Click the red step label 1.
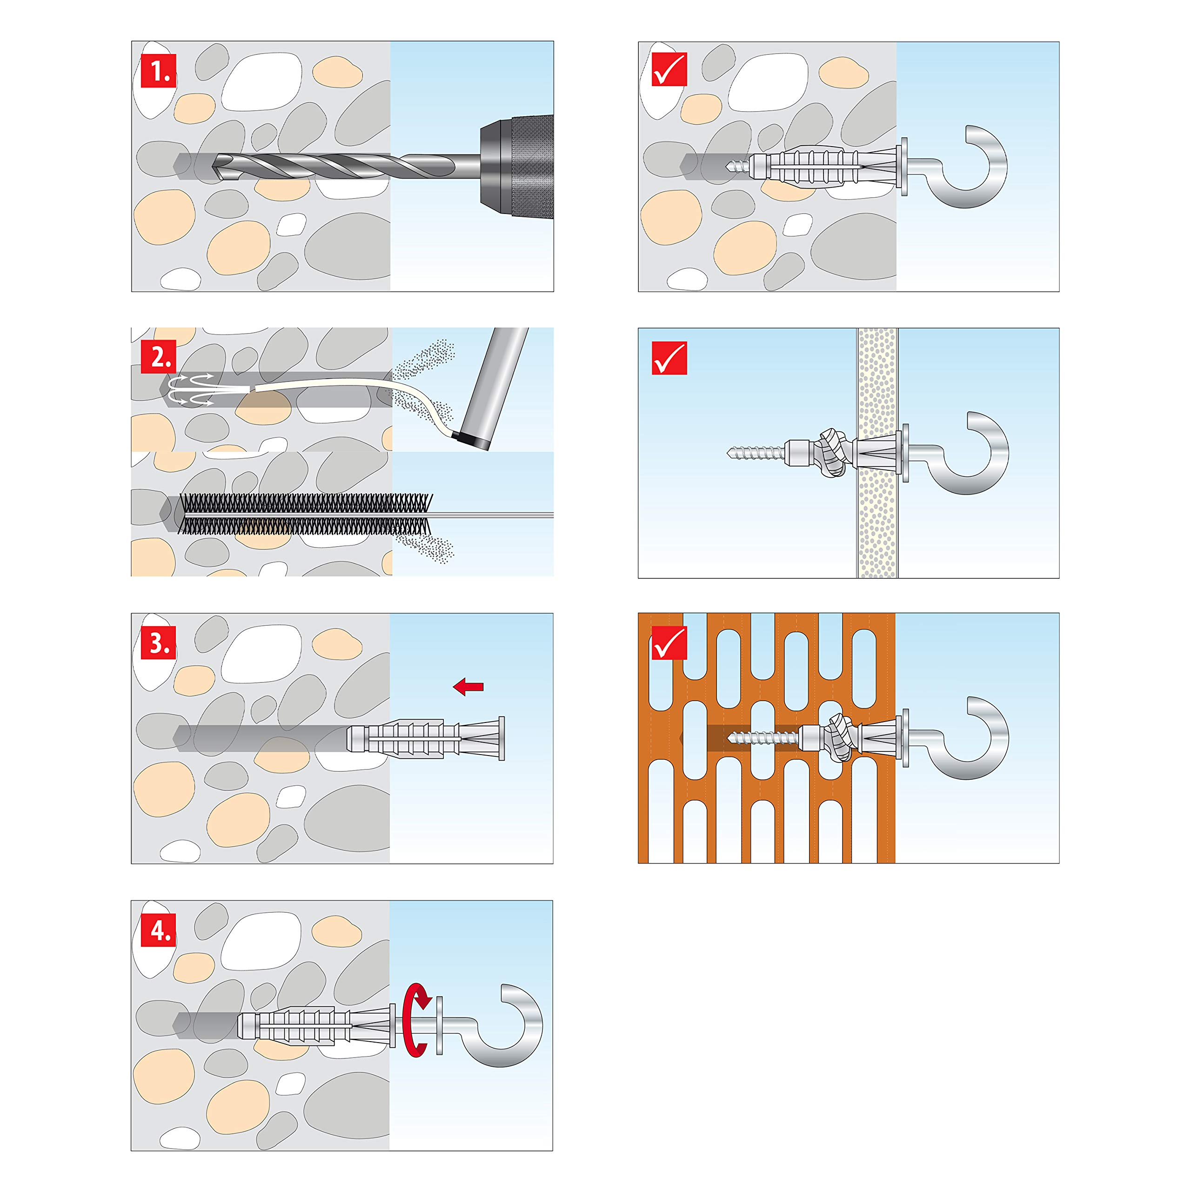[159, 70]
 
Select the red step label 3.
[159, 642]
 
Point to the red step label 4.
[159, 929]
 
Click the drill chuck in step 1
[516, 165]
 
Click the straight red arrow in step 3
[468, 686]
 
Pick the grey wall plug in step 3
[425, 738]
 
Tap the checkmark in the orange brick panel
[669, 642]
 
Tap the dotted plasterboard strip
[877, 453]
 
